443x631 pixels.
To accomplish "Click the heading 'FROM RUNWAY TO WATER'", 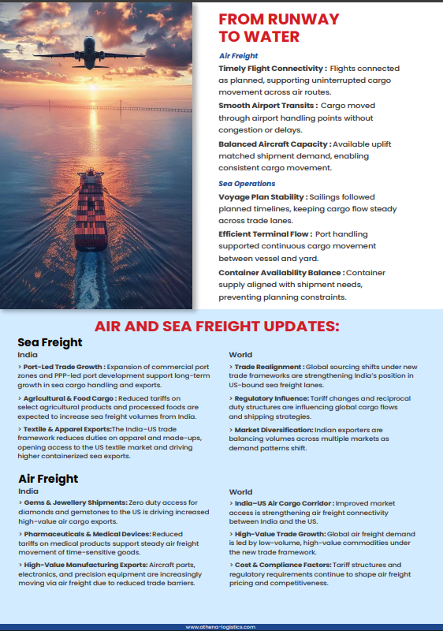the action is [x=278, y=28].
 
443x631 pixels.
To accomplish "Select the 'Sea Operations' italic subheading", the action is [x=247, y=184].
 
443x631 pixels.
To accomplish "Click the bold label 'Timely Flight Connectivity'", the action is [x=270, y=69].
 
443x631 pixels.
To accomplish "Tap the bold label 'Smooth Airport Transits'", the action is [x=268, y=106].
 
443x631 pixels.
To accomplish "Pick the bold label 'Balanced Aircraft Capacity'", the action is [x=274, y=144].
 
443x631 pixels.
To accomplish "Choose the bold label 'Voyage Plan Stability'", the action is [x=263, y=196].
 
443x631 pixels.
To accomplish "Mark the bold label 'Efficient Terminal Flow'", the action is [x=264, y=234].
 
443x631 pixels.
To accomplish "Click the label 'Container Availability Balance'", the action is [x=279, y=272].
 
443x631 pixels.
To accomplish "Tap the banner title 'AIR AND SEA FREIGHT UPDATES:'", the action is [x=217, y=327].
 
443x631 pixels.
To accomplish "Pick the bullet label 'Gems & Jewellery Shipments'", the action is [x=76, y=502].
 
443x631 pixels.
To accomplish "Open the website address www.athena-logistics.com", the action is [x=221, y=627].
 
